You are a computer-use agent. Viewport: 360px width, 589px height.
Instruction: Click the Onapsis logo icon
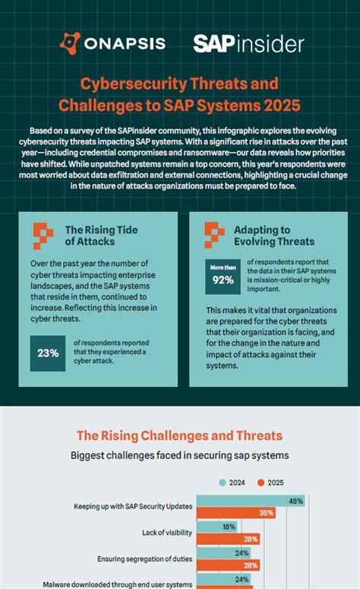70,43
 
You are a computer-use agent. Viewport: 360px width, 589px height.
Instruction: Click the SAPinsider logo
248,43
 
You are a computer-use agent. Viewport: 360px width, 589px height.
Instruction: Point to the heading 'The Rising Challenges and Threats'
179,435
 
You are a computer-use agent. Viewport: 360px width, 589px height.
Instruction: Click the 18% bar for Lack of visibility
217,527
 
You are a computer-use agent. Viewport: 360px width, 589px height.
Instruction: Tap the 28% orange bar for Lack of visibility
229,539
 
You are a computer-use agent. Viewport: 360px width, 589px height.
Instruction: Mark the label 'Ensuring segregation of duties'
144,559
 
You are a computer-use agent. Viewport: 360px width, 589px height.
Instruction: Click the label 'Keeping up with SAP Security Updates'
133,506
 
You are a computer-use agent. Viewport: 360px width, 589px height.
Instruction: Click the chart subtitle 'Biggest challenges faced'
179,456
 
